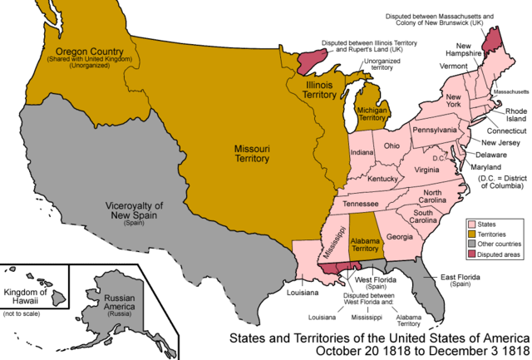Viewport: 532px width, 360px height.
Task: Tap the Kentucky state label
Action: (x=383, y=179)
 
